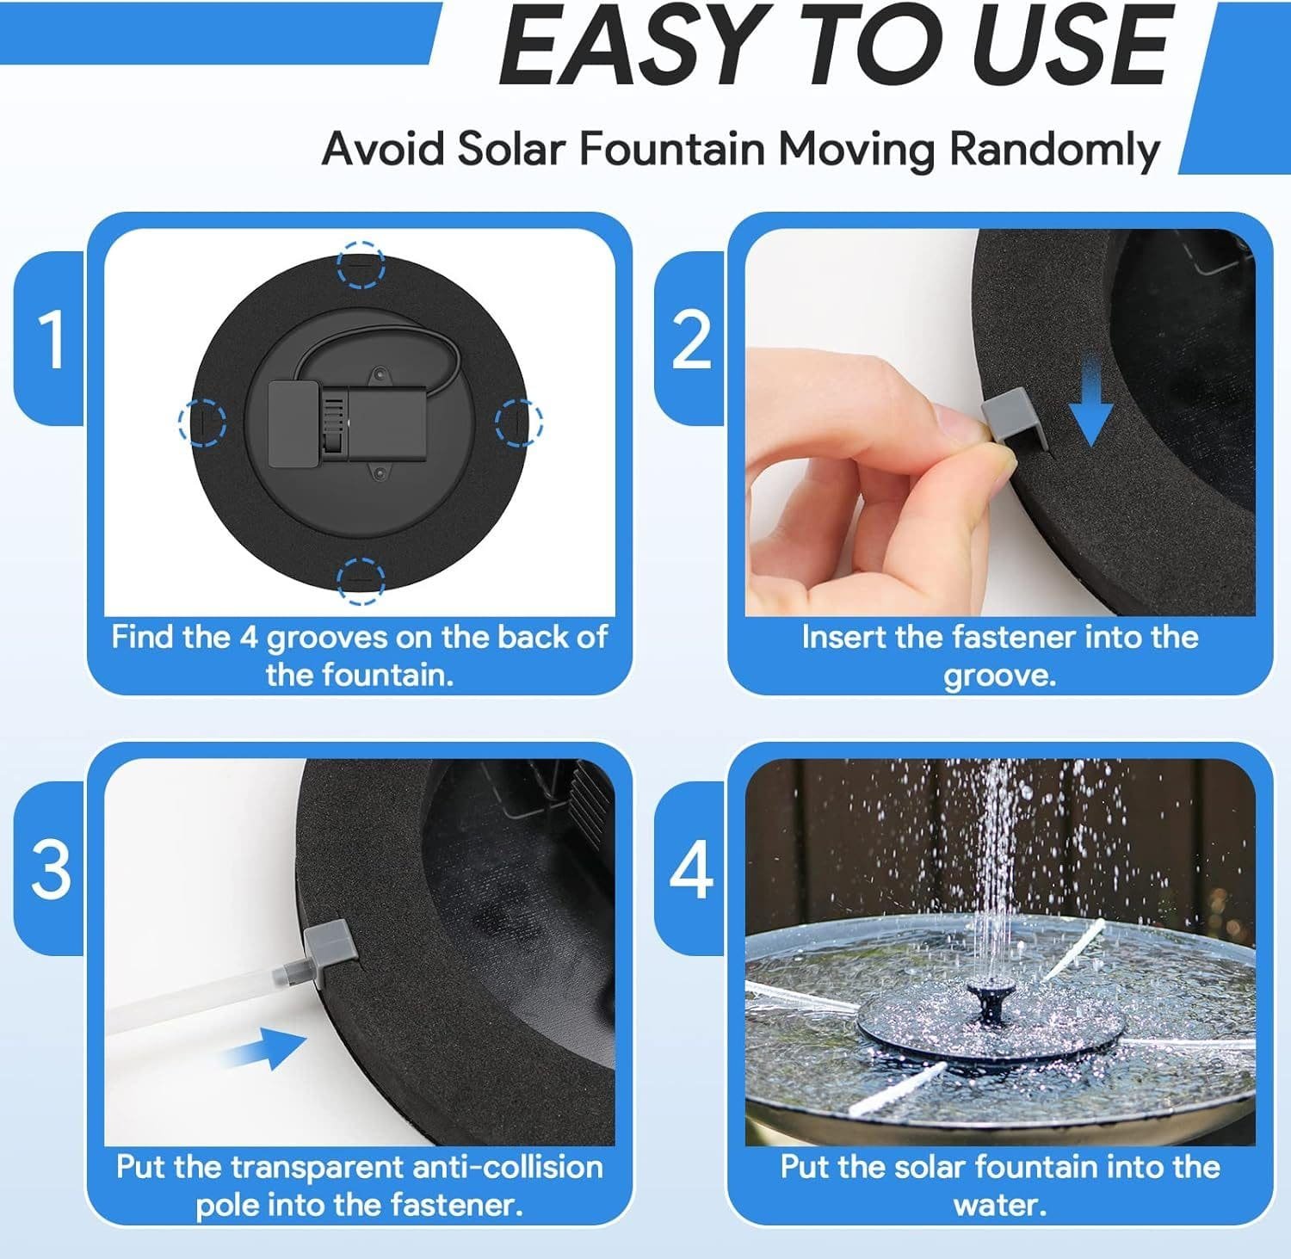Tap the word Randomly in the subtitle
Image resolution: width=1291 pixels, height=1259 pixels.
(x=1054, y=149)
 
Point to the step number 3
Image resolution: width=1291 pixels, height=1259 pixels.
(x=52, y=869)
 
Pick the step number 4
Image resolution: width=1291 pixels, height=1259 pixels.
(x=691, y=869)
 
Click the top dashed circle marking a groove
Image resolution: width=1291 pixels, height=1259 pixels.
(x=361, y=264)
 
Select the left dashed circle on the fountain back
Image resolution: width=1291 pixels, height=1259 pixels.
(x=202, y=422)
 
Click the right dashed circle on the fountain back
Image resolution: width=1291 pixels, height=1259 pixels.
(x=519, y=422)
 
